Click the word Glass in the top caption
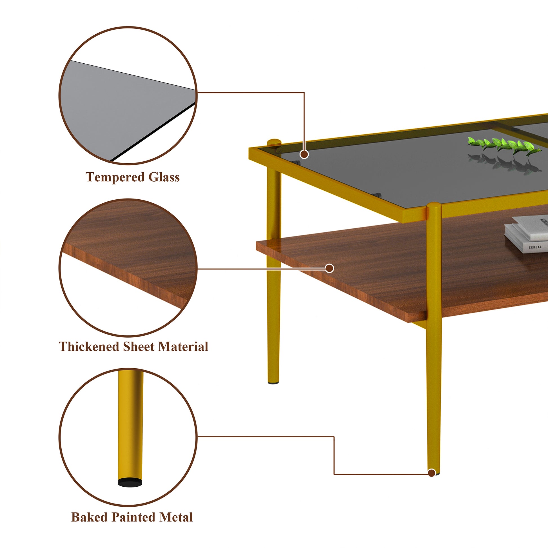[x=164, y=177]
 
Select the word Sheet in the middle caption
[x=139, y=347]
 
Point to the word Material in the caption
[x=183, y=347]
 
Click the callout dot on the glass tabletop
[x=304, y=154]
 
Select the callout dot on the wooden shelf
[x=329, y=268]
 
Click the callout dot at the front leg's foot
[x=432, y=473]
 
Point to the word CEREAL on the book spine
[x=535, y=247]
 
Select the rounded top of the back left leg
[x=274, y=141]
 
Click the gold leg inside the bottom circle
[x=130, y=426]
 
